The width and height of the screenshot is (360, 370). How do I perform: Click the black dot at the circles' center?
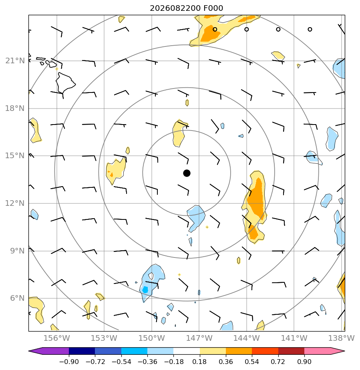click(187, 173)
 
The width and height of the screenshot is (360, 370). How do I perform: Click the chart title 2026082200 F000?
click(186, 8)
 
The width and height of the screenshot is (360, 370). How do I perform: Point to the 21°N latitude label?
click(15, 61)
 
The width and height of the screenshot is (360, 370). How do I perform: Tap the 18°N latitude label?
click(15, 109)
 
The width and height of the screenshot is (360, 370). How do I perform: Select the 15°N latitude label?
click(15, 156)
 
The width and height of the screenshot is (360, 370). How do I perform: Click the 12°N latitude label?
click(15, 203)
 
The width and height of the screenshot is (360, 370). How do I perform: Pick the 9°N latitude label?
click(18, 251)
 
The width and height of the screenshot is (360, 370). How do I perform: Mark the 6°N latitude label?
click(18, 298)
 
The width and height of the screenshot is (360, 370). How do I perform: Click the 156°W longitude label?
click(56, 338)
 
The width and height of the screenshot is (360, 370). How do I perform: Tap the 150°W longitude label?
click(151, 338)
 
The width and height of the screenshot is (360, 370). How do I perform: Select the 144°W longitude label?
click(247, 338)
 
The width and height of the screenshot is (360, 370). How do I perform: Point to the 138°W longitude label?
click(342, 338)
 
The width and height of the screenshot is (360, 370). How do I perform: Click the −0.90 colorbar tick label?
click(69, 362)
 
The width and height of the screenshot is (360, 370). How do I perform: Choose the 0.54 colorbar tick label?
click(252, 362)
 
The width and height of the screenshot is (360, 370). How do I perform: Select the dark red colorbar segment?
click(291, 351)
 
